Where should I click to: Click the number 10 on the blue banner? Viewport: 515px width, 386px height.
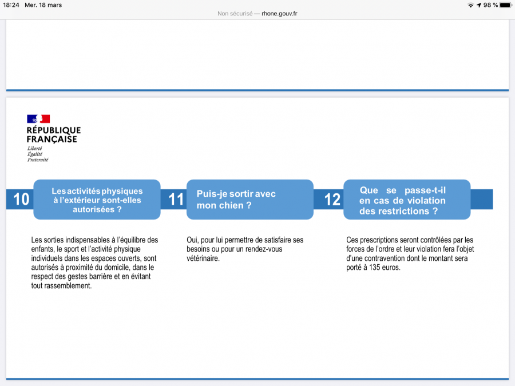[21, 199]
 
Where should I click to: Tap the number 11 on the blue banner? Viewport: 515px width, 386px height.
[176, 199]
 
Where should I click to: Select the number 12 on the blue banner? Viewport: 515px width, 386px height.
[332, 199]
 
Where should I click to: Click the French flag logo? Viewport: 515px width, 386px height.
[38, 119]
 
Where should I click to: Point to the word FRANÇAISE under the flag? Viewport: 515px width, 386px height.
[51, 139]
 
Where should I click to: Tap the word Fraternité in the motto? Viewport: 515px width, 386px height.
[38, 160]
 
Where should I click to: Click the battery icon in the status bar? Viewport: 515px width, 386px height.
[505, 5]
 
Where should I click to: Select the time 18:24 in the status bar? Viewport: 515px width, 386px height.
[11, 5]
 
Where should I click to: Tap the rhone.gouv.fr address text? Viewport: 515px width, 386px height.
[279, 13]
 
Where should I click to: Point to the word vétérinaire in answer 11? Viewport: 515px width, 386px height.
[203, 258]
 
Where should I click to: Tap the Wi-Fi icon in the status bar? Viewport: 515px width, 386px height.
[470, 5]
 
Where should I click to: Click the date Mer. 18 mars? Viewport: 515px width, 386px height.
[43, 5]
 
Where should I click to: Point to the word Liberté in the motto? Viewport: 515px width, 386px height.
[34, 148]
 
